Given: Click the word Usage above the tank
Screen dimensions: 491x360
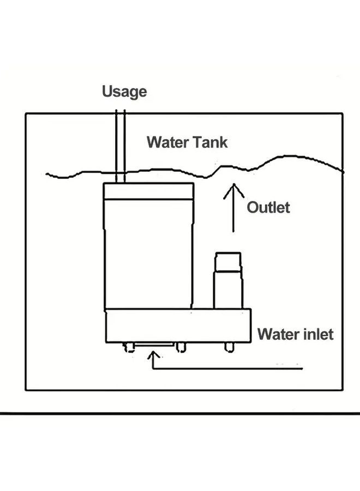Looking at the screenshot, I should [x=124, y=92].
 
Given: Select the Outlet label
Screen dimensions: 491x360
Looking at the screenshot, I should [x=268, y=207].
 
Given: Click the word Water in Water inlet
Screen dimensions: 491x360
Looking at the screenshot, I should [x=275, y=333].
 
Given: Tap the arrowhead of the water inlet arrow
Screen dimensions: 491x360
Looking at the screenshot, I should [x=155, y=356].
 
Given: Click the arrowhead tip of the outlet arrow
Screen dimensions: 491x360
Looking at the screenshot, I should [x=233, y=185].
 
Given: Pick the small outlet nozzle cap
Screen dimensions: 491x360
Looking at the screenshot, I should [x=227, y=262].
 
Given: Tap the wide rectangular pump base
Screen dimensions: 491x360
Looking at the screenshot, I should [x=178, y=326].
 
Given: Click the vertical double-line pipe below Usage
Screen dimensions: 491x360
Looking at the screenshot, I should [x=121, y=145].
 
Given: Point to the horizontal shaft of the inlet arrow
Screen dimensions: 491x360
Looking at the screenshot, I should [x=229, y=369].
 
